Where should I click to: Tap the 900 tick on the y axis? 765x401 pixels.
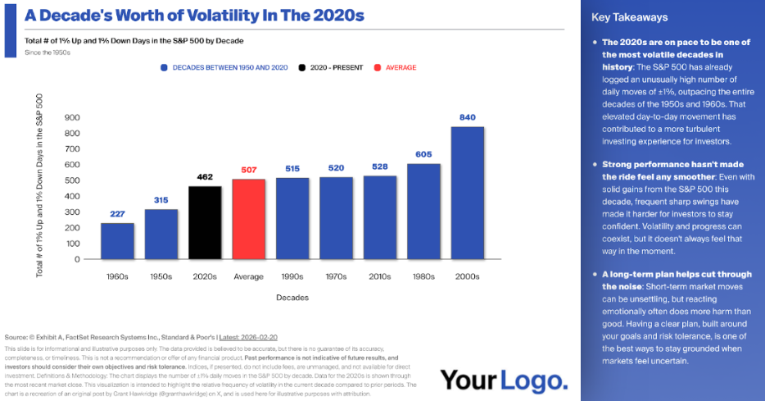coord(73,117)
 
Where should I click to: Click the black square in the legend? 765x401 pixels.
coord(303,67)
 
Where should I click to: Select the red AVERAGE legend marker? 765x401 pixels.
coord(378,67)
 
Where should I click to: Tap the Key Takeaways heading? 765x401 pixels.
coord(629,17)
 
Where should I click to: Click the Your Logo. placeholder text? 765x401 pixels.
coord(504,380)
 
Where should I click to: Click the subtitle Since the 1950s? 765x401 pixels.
coord(48,53)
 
